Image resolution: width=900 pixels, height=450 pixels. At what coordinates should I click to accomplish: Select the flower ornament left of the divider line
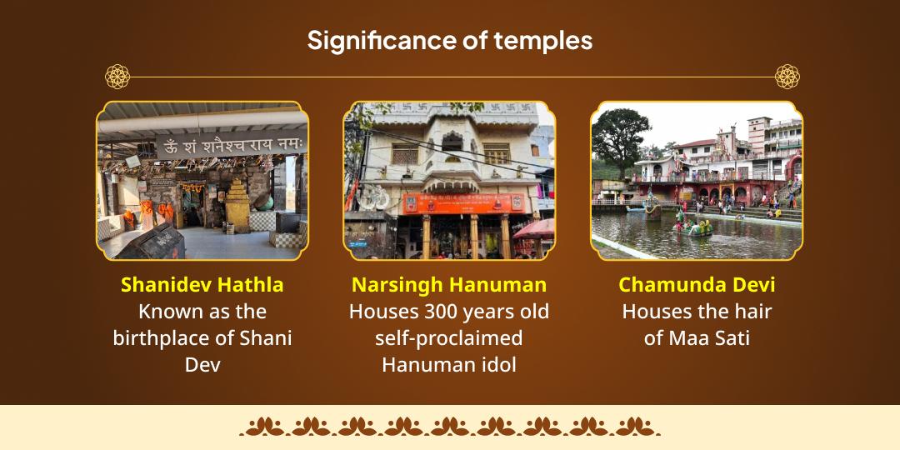coord(117,77)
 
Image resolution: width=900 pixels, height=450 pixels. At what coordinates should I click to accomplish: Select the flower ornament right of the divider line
coord(787,77)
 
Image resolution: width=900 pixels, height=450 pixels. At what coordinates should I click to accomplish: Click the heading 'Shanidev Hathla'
coord(202,285)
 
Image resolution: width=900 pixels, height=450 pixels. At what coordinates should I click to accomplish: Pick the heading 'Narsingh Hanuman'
coord(449,285)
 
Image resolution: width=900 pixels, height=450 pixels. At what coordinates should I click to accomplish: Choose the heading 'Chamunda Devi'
coord(697,285)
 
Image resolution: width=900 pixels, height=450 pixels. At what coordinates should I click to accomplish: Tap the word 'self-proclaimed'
coord(449,338)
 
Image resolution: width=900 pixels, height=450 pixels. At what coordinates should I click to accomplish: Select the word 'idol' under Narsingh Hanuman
coord(497,365)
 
